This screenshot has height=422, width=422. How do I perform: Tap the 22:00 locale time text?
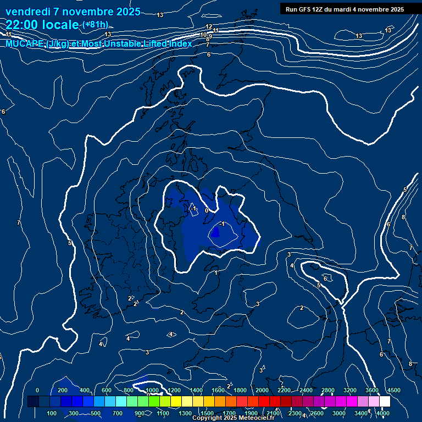click(42, 24)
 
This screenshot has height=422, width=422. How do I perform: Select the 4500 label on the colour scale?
click(393, 390)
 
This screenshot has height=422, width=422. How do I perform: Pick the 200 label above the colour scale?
click(63, 390)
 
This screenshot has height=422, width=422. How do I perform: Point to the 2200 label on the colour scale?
click(284, 390)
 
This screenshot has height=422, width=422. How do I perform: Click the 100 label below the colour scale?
click(52, 413)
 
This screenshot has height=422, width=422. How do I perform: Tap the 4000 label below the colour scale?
click(383, 413)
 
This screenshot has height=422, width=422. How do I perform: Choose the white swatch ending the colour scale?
click(385, 402)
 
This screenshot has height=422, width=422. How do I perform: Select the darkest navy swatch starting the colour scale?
click(33, 402)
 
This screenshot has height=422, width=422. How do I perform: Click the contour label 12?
click(209, 26)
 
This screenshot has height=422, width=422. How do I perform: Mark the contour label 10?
click(203, 35)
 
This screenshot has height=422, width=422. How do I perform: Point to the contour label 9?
click(210, 36)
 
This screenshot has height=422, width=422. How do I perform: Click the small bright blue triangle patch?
click(215, 233)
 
